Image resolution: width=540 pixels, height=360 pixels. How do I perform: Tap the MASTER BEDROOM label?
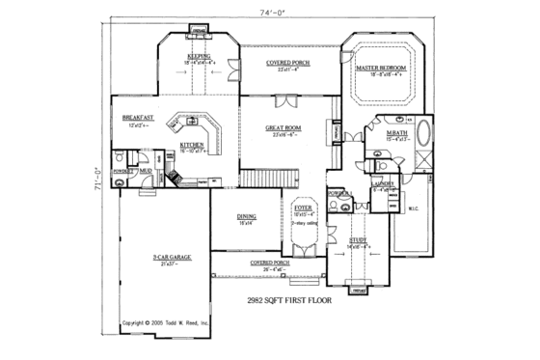click(378, 69)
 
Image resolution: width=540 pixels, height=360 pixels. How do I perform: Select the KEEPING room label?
click(198, 57)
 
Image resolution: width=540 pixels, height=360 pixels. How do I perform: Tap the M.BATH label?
click(395, 132)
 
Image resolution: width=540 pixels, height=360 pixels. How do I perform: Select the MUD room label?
click(146, 171)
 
